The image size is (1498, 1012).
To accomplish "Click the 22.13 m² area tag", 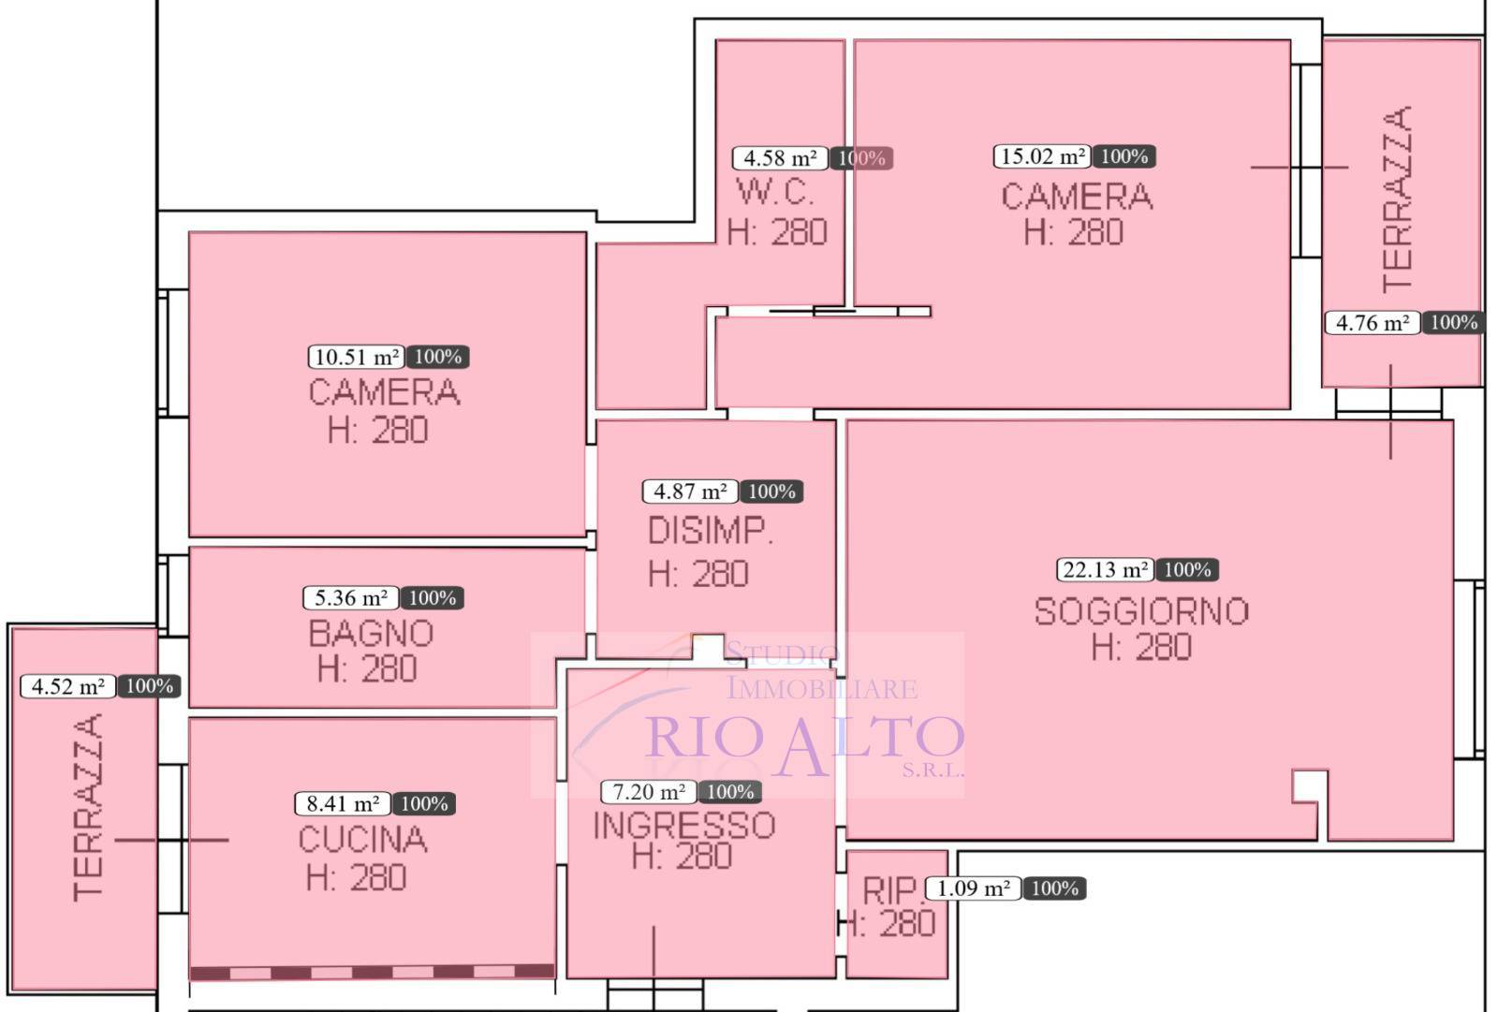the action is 1105,570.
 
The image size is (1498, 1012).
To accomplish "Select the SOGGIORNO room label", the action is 1141,611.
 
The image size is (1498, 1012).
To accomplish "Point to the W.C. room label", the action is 776,192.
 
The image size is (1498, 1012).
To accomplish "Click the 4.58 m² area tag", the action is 781,158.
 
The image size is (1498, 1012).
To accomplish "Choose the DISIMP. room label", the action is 711,531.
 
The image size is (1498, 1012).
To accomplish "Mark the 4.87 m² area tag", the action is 690,491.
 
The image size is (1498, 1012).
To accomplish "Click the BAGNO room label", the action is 371,634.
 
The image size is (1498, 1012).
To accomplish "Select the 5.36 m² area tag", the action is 351,598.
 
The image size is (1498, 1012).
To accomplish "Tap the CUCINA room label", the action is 362,840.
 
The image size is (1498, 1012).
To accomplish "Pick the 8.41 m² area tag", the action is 343,803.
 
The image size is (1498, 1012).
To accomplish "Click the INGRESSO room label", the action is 684,826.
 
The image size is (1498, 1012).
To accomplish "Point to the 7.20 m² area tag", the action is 649,792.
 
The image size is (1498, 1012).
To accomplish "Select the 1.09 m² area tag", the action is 973,888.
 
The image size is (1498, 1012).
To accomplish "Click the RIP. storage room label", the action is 893,890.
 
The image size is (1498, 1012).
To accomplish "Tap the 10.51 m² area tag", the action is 357,358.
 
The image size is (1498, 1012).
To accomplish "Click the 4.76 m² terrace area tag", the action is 1373,323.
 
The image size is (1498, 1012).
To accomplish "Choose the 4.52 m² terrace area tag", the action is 68,686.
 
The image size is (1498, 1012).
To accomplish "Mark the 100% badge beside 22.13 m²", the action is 1188,570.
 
